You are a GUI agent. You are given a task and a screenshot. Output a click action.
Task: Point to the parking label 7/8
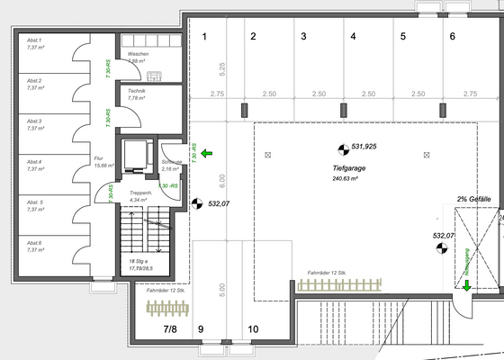coord(169,329)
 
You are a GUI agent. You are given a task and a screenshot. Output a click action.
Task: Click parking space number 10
coord(253,329)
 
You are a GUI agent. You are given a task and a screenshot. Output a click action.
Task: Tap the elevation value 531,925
coord(364,146)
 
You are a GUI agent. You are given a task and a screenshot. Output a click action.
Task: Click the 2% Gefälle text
coord(473,198)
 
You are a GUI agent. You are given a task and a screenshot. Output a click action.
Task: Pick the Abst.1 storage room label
coord(35,41)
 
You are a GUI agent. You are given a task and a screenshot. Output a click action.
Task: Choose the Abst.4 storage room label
coord(35,162)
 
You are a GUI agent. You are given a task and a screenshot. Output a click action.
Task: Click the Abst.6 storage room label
coord(35,243)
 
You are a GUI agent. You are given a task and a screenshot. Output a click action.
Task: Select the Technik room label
coord(138,91)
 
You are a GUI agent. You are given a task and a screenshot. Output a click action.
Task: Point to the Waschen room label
coord(139,54)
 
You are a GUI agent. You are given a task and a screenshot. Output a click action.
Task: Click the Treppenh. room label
coord(140,193)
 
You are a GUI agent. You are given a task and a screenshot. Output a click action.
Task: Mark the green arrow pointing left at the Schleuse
coord(207,155)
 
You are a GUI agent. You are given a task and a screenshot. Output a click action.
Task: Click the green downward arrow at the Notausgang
coord(466,285)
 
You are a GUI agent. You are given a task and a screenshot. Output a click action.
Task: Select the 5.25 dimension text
coord(220,67)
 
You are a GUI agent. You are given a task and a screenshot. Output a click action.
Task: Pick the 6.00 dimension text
coord(220,180)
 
